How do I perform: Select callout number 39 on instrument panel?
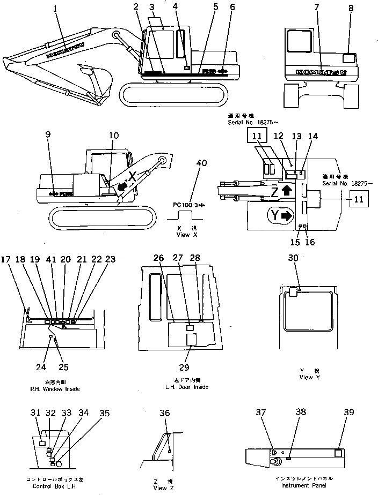point(349,412)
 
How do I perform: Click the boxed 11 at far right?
point(359,201)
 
